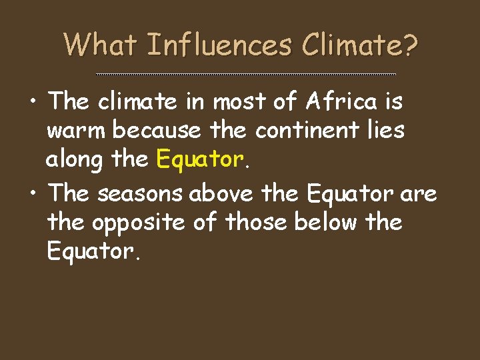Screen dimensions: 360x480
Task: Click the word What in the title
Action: (100, 45)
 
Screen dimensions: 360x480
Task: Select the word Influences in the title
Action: (219, 45)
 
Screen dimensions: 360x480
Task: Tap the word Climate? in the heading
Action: (360, 45)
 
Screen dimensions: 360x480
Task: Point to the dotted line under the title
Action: (246, 74)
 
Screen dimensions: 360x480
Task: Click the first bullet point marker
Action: (33, 103)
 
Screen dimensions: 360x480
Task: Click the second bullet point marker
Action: (33, 194)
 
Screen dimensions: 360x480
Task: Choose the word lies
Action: (387, 130)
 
